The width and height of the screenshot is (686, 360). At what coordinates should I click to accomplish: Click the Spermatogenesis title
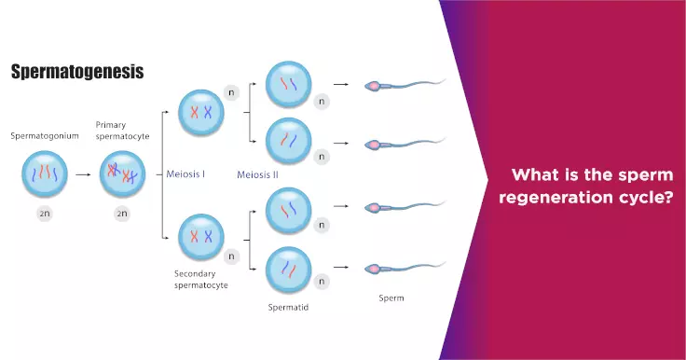point(77,72)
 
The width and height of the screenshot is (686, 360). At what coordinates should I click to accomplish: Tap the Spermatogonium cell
point(46,174)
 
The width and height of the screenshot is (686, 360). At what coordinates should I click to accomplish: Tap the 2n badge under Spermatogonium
point(46,214)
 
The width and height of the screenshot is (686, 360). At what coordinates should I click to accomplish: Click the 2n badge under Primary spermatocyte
point(122,214)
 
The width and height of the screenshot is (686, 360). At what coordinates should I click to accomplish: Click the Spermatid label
point(287,306)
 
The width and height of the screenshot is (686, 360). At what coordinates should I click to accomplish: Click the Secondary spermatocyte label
point(201,279)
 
